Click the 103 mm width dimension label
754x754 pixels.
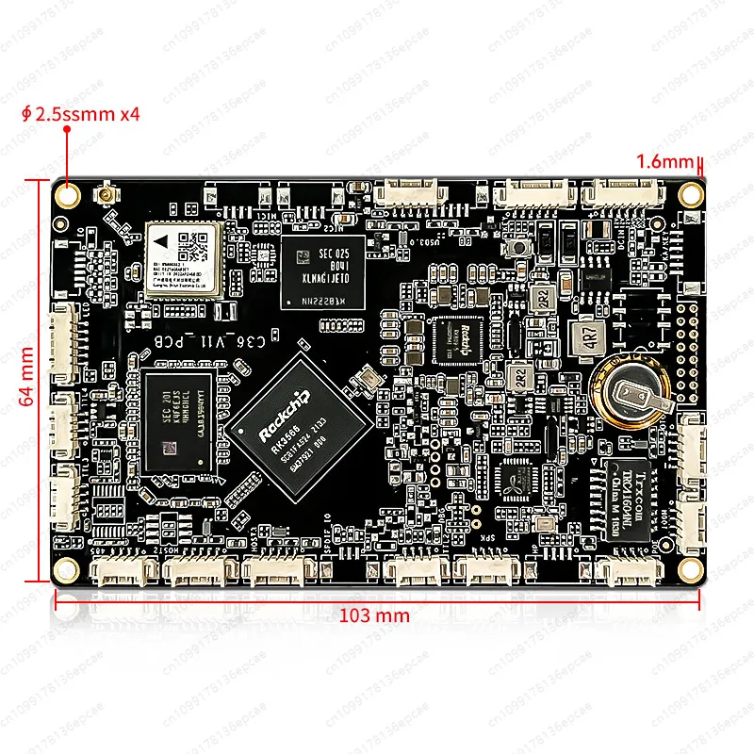tap(374, 615)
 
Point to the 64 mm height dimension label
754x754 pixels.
tap(27, 376)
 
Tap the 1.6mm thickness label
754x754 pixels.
tap(664, 161)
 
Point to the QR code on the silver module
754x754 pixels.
tap(196, 247)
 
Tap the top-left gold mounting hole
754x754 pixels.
tap(68, 193)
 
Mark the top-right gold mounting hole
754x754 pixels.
tap(691, 192)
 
